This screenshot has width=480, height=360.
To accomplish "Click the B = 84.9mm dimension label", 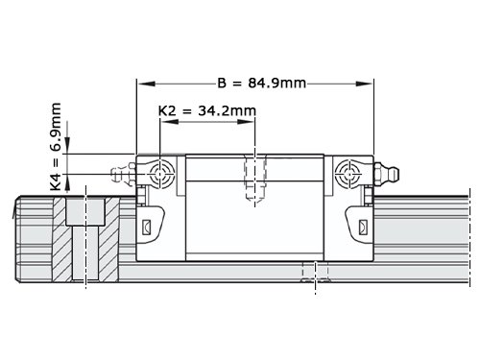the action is coord(262,84).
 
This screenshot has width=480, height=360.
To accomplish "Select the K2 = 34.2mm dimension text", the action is coord(207,111).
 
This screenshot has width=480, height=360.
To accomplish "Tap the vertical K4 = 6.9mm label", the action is coord(56,147).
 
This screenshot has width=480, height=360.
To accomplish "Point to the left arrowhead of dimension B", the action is coord(146,84).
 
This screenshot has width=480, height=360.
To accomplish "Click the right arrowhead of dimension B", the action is coord(365,84).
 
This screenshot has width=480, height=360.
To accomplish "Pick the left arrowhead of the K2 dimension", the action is coord(169,122).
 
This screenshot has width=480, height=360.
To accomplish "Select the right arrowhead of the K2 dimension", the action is coord(246,122).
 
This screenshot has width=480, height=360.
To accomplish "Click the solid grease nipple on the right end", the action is coord(386,174).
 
